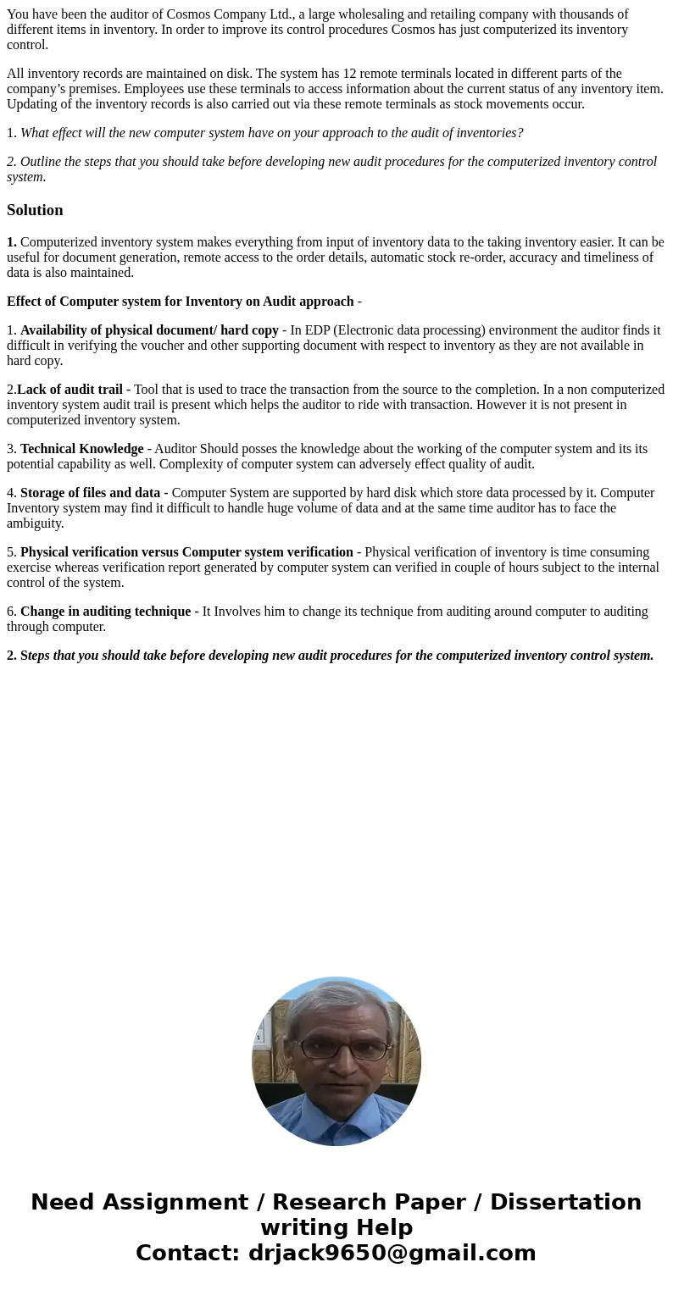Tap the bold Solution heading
pos(35,210)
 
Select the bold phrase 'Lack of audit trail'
pos(70,390)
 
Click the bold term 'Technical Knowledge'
pos(81,449)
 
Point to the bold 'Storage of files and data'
pos(90,493)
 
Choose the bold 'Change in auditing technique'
pos(106,612)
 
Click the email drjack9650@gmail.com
pos(392,1253)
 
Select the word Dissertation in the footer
pos(565,1202)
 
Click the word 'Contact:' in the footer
pos(188,1253)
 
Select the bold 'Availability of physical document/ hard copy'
pos(149,330)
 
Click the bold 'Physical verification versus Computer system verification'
pos(186,552)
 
